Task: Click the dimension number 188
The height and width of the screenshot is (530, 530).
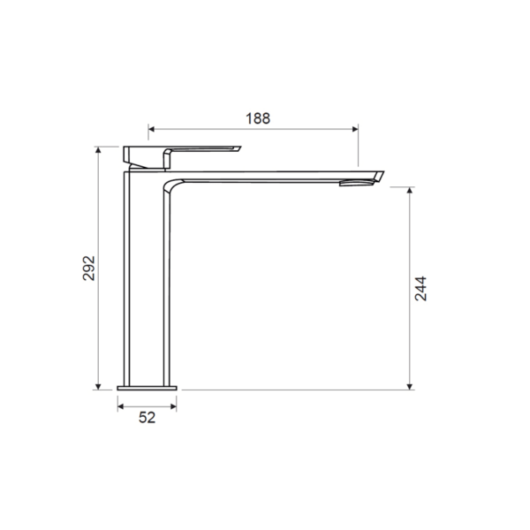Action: click(256, 117)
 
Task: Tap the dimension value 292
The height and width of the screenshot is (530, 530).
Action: click(88, 269)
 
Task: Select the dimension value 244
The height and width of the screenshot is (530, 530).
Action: click(420, 290)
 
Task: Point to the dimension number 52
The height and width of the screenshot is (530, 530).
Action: click(147, 418)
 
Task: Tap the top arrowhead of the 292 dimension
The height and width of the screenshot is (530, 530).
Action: click(98, 150)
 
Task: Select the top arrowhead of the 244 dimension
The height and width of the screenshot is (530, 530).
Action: click(409, 191)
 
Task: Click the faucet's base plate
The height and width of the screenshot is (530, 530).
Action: click(148, 386)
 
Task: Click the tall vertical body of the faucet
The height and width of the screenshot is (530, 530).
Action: click(147, 283)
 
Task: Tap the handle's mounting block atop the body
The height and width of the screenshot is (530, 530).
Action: click(145, 157)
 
